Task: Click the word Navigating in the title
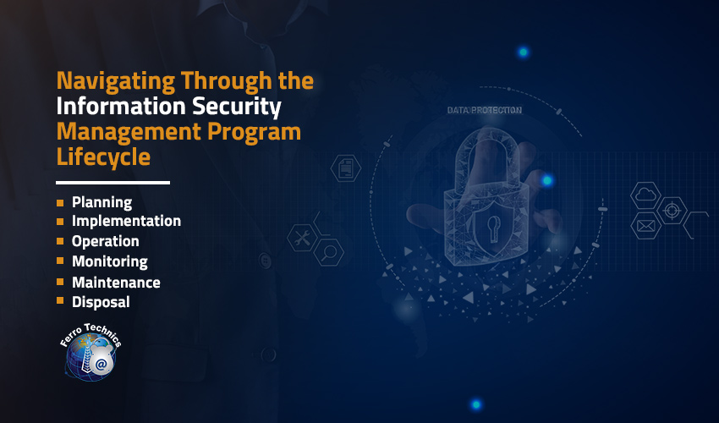[x=116, y=82]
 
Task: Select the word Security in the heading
[x=237, y=107]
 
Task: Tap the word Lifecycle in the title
[x=103, y=157]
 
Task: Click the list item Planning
[x=102, y=202]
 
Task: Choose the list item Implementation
[x=126, y=221]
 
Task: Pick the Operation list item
[x=105, y=241]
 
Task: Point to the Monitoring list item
[x=110, y=261]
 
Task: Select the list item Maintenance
[x=116, y=283]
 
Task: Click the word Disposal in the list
[x=101, y=302]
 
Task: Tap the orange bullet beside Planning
[x=60, y=203]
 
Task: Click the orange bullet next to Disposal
[x=60, y=300]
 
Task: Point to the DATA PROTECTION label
[x=484, y=110]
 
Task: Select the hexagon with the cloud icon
[x=645, y=195]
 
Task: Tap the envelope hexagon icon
[x=645, y=226]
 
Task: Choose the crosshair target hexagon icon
[x=672, y=211]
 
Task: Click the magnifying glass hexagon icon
[x=329, y=252]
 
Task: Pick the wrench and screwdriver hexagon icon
[x=302, y=238]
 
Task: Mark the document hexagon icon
[x=346, y=168]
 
